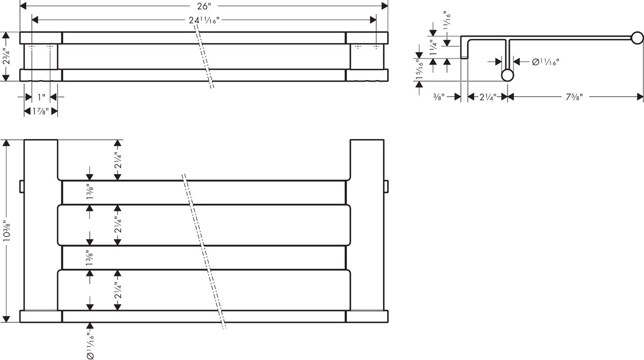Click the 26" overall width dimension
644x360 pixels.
(204, 6)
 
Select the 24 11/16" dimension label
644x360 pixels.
(204, 20)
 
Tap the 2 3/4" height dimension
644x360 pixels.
(6, 57)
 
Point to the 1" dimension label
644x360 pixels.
(41, 97)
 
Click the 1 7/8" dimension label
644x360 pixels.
(41, 111)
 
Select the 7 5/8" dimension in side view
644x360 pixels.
(574, 97)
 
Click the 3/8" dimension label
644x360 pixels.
(439, 97)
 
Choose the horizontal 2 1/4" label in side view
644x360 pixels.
(488, 97)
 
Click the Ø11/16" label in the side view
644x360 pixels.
(545, 62)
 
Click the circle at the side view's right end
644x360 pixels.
(638, 38)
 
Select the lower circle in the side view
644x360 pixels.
(507, 75)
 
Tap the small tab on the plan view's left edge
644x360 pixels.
(22, 185)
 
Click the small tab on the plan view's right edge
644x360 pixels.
(386, 185)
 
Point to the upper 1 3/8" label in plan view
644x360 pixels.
(90, 192)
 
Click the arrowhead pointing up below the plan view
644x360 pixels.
(90, 326)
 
